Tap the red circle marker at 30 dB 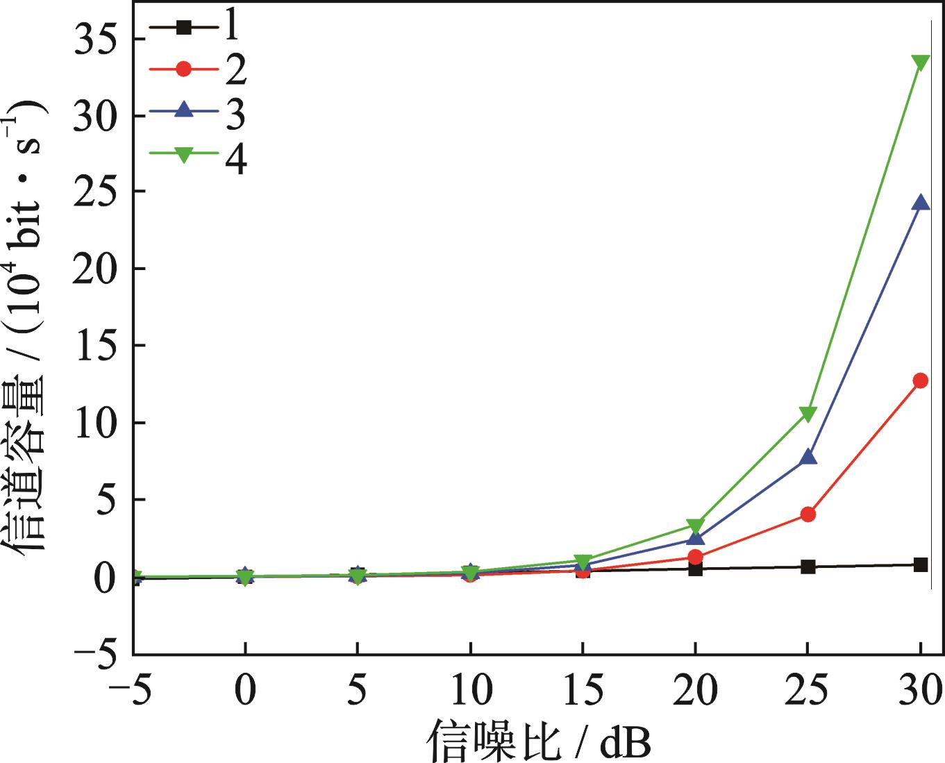(x=921, y=380)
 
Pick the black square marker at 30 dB (x=921, y=564)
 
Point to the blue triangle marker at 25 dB (x=808, y=458)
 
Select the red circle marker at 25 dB (x=808, y=514)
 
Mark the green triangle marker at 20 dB (x=696, y=526)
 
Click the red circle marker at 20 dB (x=696, y=557)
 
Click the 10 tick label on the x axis (x=470, y=691)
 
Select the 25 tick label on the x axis (x=808, y=691)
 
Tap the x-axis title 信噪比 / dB (x=538, y=741)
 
